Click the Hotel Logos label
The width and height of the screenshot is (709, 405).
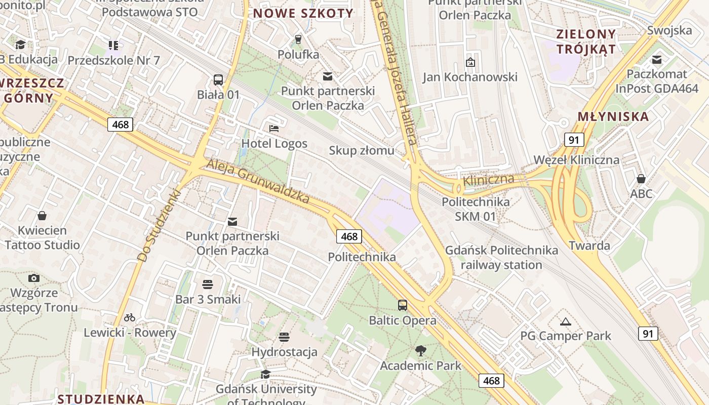(274, 143)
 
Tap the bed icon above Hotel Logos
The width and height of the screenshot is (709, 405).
(274, 128)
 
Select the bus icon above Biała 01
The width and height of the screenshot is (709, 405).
(218, 80)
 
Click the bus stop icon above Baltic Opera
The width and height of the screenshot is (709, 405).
(403, 305)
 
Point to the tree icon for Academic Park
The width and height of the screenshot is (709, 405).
(420, 350)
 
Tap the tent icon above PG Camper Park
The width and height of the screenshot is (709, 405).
(566, 321)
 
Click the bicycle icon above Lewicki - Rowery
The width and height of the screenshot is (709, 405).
(130, 317)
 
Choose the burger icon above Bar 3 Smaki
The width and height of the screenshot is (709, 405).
(208, 284)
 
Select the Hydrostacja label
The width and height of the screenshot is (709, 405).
(284, 352)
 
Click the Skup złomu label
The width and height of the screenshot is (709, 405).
(361, 150)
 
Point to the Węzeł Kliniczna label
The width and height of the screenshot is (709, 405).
(576, 160)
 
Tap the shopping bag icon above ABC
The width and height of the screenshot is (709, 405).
(641, 179)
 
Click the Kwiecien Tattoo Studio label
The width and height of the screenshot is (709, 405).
(43, 238)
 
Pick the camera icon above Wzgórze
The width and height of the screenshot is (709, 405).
(34, 278)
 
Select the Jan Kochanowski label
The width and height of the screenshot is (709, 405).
(470, 77)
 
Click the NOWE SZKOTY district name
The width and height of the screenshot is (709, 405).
(303, 14)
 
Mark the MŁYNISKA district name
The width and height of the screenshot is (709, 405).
(613, 116)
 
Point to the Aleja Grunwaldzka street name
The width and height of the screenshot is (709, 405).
(258, 181)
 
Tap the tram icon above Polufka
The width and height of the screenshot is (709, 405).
(298, 39)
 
